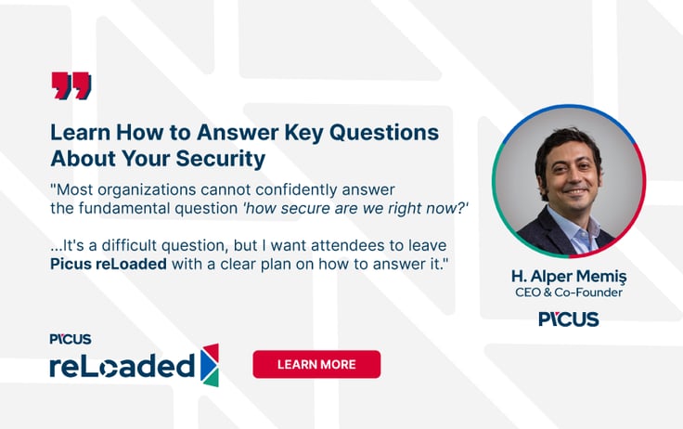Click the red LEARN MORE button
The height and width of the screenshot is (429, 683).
pyautogui.click(x=316, y=364)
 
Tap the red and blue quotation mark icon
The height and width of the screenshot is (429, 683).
pyautogui.click(x=71, y=85)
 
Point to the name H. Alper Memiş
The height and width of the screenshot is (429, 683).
pyautogui.click(x=568, y=276)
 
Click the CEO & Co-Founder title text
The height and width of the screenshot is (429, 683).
pyautogui.click(x=568, y=292)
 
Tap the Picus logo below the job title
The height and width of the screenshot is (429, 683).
pyautogui.click(x=568, y=318)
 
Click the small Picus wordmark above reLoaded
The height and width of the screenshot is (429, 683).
pyautogui.click(x=71, y=339)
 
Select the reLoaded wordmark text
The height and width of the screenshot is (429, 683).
pyautogui.click(x=122, y=366)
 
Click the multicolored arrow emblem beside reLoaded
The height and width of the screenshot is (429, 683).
pyautogui.click(x=210, y=364)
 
